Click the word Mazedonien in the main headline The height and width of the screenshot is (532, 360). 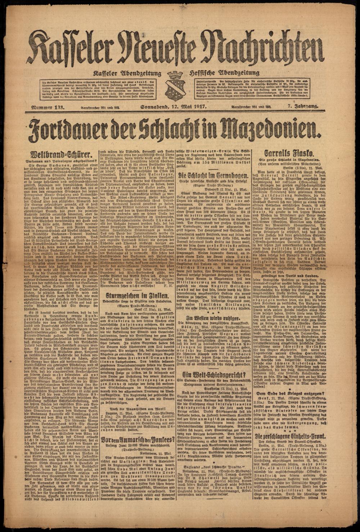269,128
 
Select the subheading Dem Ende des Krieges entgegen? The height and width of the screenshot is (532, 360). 292,394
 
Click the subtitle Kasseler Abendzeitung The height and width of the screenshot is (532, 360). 129,73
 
